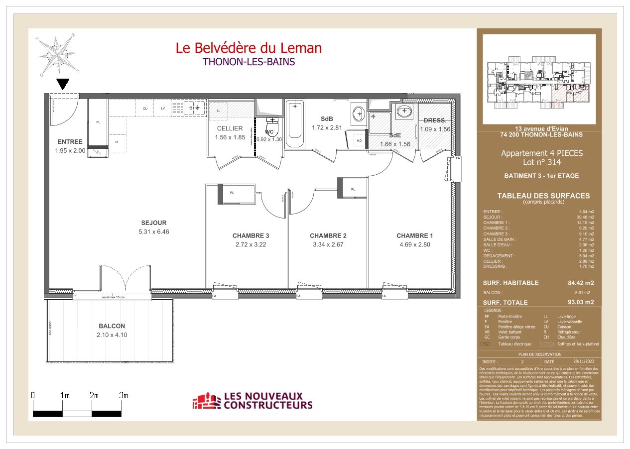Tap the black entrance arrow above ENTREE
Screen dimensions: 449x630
click(x=63, y=84)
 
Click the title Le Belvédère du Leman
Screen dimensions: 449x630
click(x=249, y=48)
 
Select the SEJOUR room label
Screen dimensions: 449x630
click(x=153, y=223)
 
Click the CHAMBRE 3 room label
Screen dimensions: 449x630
click(x=251, y=235)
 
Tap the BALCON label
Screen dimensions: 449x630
click(x=112, y=326)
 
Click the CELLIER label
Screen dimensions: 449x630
click(x=230, y=128)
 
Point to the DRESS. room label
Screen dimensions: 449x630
click(x=435, y=120)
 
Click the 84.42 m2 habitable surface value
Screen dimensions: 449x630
click(x=581, y=283)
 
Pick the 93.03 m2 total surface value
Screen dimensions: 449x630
click(x=581, y=302)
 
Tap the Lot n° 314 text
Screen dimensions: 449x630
click(x=541, y=162)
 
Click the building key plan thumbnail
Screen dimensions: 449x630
click(x=539, y=79)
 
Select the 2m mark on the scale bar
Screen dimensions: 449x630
click(x=94, y=395)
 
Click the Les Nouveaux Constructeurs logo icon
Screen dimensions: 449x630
click(x=206, y=401)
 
